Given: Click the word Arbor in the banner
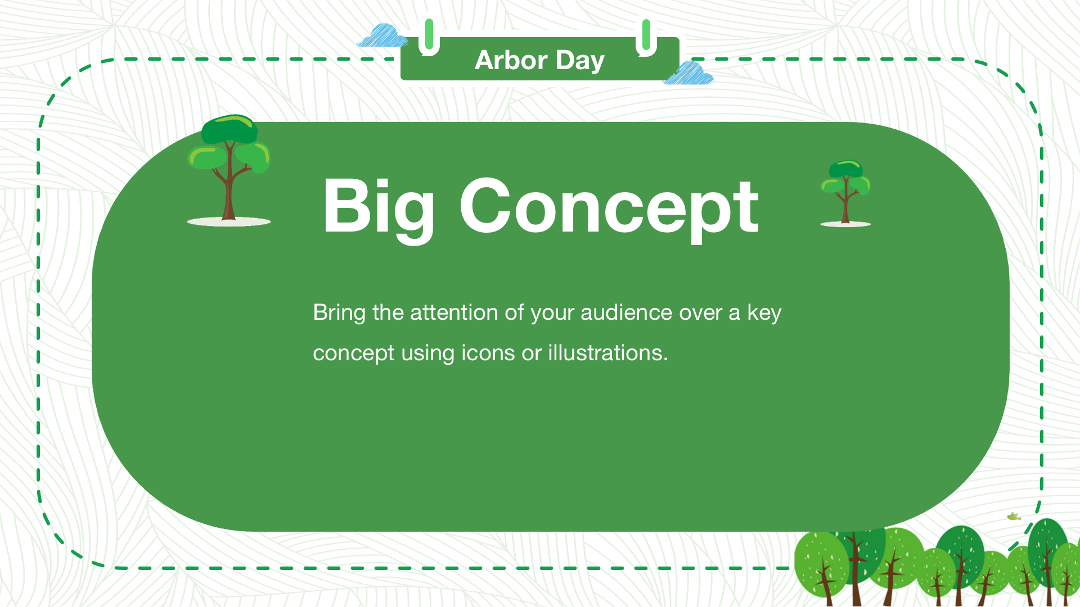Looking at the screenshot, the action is pyautogui.click(x=511, y=60).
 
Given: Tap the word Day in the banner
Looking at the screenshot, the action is pyautogui.click(x=580, y=61).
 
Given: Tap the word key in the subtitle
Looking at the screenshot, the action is pyautogui.click(x=764, y=314).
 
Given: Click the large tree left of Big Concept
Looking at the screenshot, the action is pyautogui.click(x=229, y=170).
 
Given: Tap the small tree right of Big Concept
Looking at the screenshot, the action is pyautogui.click(x=845, y=193).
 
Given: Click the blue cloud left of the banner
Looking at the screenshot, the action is pyautogui.click(x=382, y=35).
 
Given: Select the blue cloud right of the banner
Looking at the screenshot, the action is pyautogui.click(x=688, y=73).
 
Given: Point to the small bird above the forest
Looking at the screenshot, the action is pyautogui.click(x=1014, y=516).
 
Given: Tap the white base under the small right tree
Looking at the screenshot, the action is pyautogui.click(x=845, y=224).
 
